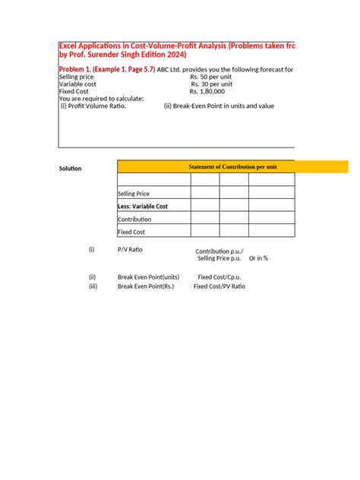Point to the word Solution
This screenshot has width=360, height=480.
pos(70,168)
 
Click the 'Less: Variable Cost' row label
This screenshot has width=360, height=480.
pos(143,206)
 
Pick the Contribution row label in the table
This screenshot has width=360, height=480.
pos(135,219)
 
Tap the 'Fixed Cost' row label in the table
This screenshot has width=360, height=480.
pos(131,232)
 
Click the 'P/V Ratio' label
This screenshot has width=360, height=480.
pos(130,249)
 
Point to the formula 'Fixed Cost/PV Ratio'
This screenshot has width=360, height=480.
pos(219,286)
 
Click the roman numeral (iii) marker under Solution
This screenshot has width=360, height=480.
pos(93,286)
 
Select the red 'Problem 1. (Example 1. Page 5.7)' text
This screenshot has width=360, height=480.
pos(107,69)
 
